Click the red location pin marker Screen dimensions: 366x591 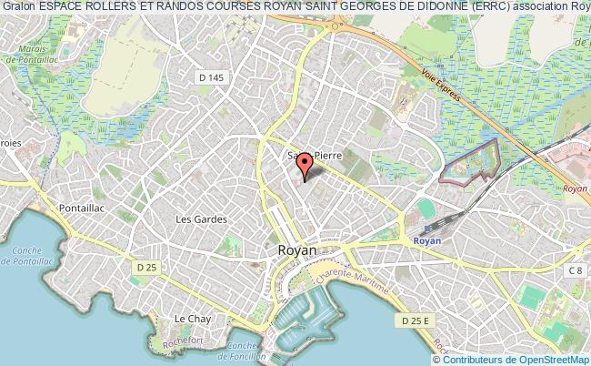(306, 164)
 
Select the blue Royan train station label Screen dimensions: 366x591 (426, 241)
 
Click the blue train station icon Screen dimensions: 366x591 (427, 230)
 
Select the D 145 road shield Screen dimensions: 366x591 (210, 78)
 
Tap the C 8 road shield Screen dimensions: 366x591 (575, 270)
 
